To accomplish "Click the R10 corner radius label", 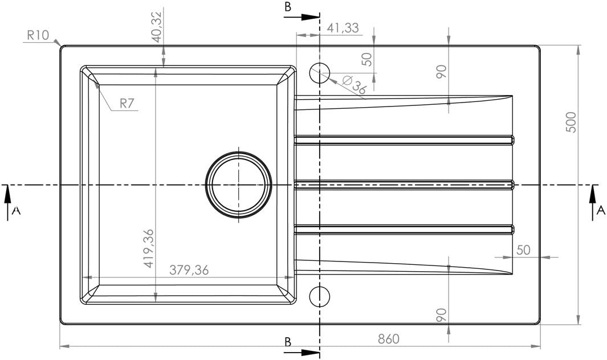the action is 38,36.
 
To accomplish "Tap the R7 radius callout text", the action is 127,103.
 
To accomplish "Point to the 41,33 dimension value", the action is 343,28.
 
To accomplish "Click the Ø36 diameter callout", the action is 353,85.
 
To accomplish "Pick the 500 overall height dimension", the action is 572,122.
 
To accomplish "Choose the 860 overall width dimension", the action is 388,339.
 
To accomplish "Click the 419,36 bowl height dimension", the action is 149,248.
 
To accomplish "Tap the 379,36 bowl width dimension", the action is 189,270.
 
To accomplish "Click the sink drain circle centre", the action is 238,185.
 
